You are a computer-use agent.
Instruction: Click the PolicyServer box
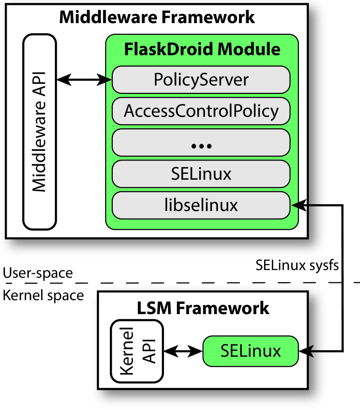pyautogui.click(x=201, y=80)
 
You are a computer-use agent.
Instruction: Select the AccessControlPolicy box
pyautogui.click(x=201, y=111)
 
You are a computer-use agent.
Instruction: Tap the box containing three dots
pyautogui.click(x=201, y=143)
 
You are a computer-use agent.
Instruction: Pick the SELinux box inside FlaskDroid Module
pyautogui.click(x=201, y=174)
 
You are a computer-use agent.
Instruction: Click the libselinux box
pyautogui.click(x=201, y=205)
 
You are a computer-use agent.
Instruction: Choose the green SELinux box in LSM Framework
pyautogui.click(x=251, y=351)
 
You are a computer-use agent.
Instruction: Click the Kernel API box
pyautogui.click(x=137, y=351)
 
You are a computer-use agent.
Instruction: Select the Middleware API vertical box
pyautogui.click(x=40, y=132)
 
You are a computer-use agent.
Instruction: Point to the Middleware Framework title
pyautogui.click(x=157, y=17)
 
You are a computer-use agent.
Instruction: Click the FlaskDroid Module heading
pyautogui.click(x=202, y=49)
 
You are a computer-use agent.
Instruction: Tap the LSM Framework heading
pyautogui.click(x=203, y=308)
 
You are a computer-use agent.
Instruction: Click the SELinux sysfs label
pyautogui.click(x=297, y=265)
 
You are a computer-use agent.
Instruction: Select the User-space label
pyautogui.click(x=38, y=273)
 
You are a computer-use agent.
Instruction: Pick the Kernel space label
pyautogui.click(x=43, y=296)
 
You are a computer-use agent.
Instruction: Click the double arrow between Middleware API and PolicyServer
pyautogui.click(x=84, y=79)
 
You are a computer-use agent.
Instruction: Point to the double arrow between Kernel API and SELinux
pyautogui.click(x=183, y=351)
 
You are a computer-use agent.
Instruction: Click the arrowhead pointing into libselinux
pyautogui.click(x=298, y=205)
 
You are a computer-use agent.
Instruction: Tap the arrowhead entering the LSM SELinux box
pyautogui.click(x=306, y=351)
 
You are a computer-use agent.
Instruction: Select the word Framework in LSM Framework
pyautogui.click(x=223, y=308)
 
